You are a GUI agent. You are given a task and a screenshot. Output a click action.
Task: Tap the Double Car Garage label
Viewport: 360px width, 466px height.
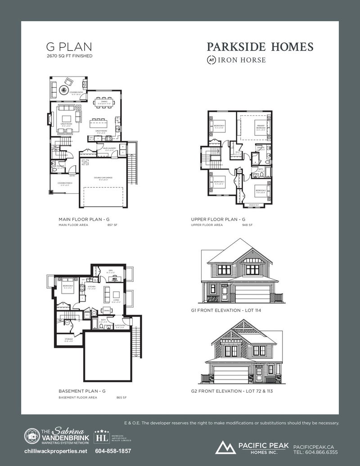pyautogui.click(x=103, y=178)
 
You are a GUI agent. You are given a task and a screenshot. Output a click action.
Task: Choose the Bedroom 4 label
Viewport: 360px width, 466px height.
pyautogui.click(x=219, y=126)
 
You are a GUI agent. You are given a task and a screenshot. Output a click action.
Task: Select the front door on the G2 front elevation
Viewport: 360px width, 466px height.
pyautogui.click(x=260, y=372)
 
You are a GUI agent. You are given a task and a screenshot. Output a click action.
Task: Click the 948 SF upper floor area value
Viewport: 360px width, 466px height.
pyautogui.click(x=247, y=225)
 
